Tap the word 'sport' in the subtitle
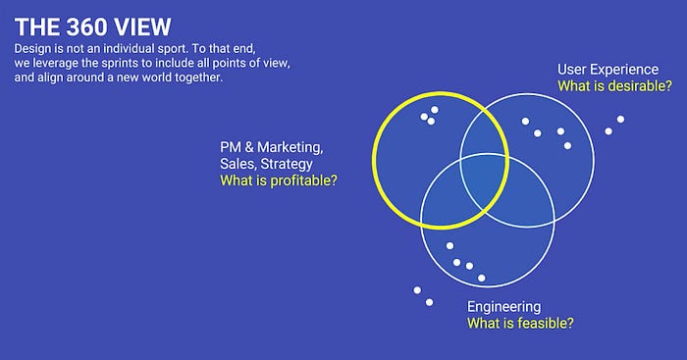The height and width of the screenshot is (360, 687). [172, 49]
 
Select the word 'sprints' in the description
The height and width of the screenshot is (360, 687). [121, 64]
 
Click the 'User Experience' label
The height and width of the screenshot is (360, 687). [608, 70]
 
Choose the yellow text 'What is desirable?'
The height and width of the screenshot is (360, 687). [614, 86]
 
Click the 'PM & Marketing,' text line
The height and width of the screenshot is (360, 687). [272, 147]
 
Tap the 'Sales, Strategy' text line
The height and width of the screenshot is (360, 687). [266, 164]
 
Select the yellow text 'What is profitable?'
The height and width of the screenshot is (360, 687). [279, 180]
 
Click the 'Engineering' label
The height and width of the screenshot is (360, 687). [503, 307]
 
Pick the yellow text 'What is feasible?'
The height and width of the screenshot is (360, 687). [520, 323]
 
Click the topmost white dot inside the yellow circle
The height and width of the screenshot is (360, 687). [435, 110]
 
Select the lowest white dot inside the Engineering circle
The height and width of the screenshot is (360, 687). [482, 278]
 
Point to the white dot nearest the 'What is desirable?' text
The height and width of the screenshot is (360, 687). [620, 119]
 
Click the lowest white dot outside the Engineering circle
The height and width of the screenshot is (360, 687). [430, 302]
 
